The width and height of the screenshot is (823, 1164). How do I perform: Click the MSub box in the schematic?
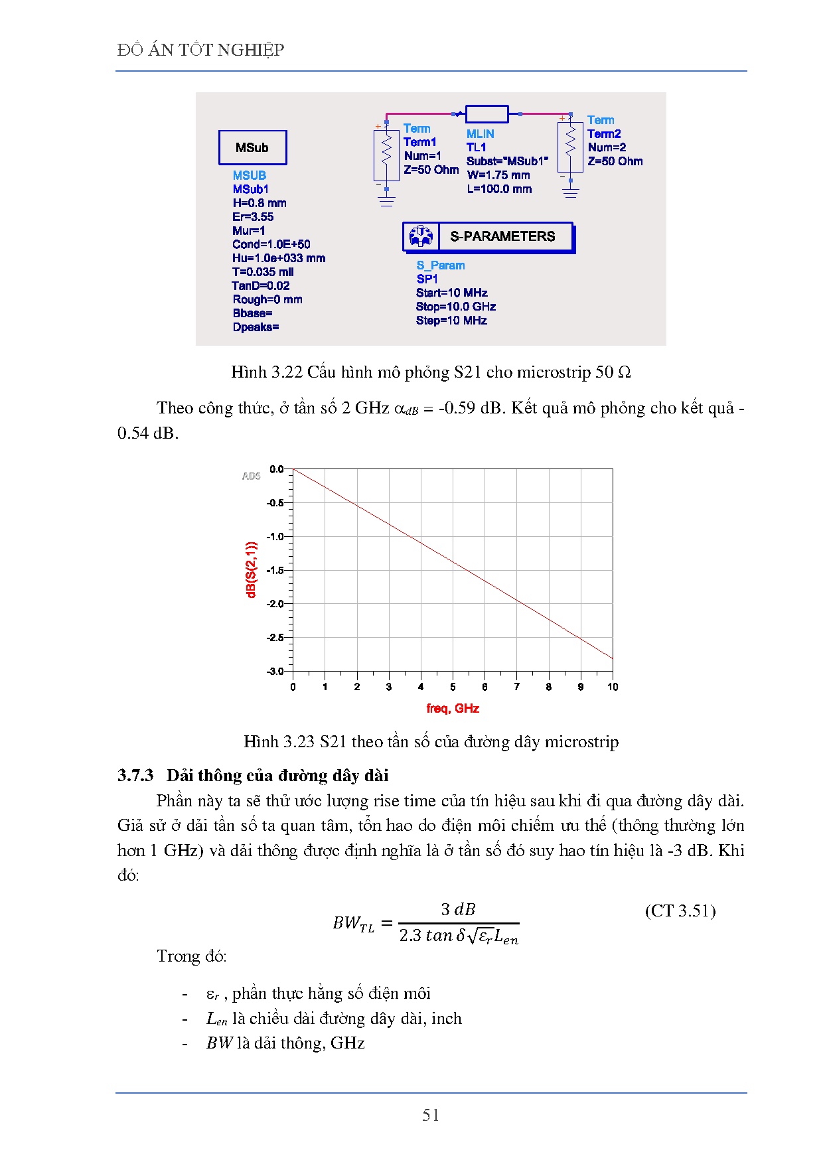[x=252, y=147]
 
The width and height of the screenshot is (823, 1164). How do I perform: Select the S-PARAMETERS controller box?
[x=488, y=236]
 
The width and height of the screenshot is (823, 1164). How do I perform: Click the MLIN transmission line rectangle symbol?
[x=486, y=114]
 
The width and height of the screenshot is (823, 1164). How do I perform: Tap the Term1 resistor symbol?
[x=386, y=155]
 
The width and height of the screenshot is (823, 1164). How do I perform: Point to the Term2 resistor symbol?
[x=570, y=147]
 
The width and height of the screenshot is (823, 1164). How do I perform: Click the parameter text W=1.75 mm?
[x=498, y=175]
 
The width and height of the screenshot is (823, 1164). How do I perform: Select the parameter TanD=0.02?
[x=261, y=286]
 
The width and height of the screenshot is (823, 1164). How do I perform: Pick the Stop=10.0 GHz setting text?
[x=456, y=307]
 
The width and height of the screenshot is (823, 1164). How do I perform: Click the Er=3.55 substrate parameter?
[x=253, y=217]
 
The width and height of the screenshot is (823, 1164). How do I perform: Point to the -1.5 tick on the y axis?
[x=275, y=570]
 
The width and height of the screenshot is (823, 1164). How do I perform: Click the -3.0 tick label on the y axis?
[x=275, y=671]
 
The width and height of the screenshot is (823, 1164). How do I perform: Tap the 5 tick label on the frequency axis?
[x=453, y=687]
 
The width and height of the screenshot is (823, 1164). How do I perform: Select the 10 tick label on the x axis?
[x=612, y=687]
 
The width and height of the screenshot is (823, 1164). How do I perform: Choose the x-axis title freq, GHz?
[x=453, y=709]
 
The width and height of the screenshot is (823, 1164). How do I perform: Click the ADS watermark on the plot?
[x=251, y=476]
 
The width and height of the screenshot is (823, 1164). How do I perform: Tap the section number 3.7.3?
[x=135, y=775]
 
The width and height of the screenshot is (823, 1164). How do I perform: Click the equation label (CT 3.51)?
[x=680, y=910]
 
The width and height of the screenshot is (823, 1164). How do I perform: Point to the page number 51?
[x=431, y=1116]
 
